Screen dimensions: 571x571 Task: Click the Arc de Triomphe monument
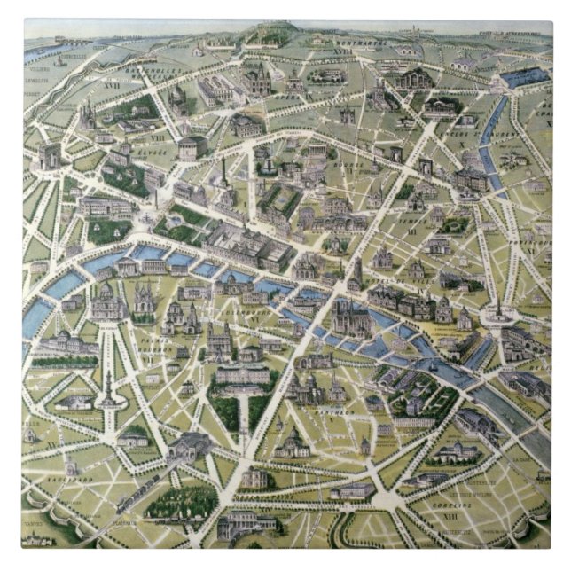click(x=51, y=158)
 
